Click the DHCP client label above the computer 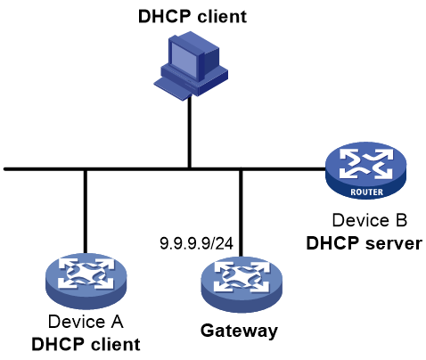coord(193,16)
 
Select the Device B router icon coord(366,170)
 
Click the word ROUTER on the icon coord(367,192)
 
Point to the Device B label coord(369,220)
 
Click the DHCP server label coord(364,243)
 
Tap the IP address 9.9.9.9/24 coord(196,243)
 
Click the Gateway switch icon coord(242,284)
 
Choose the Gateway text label coord(239,331)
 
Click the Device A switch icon coord(86,281)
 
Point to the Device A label coord(86,322)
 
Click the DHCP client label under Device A coord(86,344)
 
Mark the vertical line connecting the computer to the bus coord(189,132)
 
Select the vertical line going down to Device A coord(86,211)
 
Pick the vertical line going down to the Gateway coord(241,213)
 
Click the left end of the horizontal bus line coord(5,169)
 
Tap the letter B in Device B coord(400,220)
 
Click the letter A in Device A coord(117,322)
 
